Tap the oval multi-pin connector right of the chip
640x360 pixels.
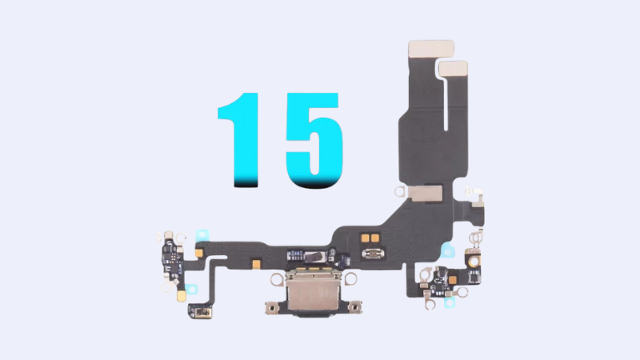pyautogui.click(x=374, y=255)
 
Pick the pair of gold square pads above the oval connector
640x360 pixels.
pyautogui.click(x=370, y=238)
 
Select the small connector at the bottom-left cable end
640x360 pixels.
pyautogui.click(x=199, y=310)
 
